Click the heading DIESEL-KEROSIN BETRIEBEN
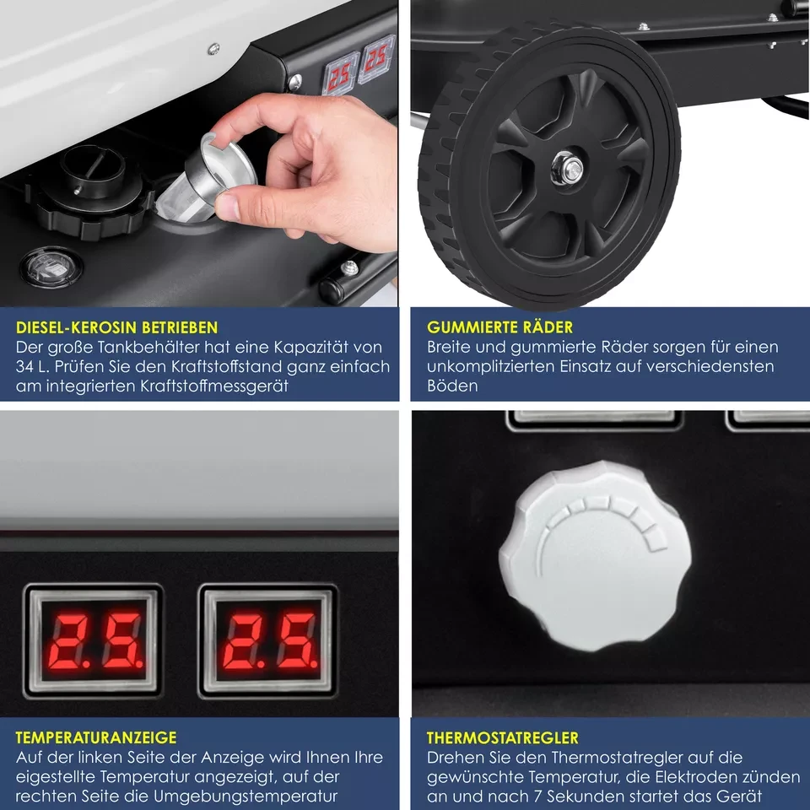point(116,327)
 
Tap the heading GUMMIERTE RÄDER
point(499,327)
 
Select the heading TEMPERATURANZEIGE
point(96,737)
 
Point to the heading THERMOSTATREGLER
point(503,737)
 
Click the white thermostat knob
point(595,555)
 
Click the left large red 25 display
point(94,640)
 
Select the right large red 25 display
point(268,640)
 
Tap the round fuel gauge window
point(51,267)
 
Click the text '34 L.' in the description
point(32,366)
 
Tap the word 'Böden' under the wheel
point(452,386)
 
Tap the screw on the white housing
point(213,49)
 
